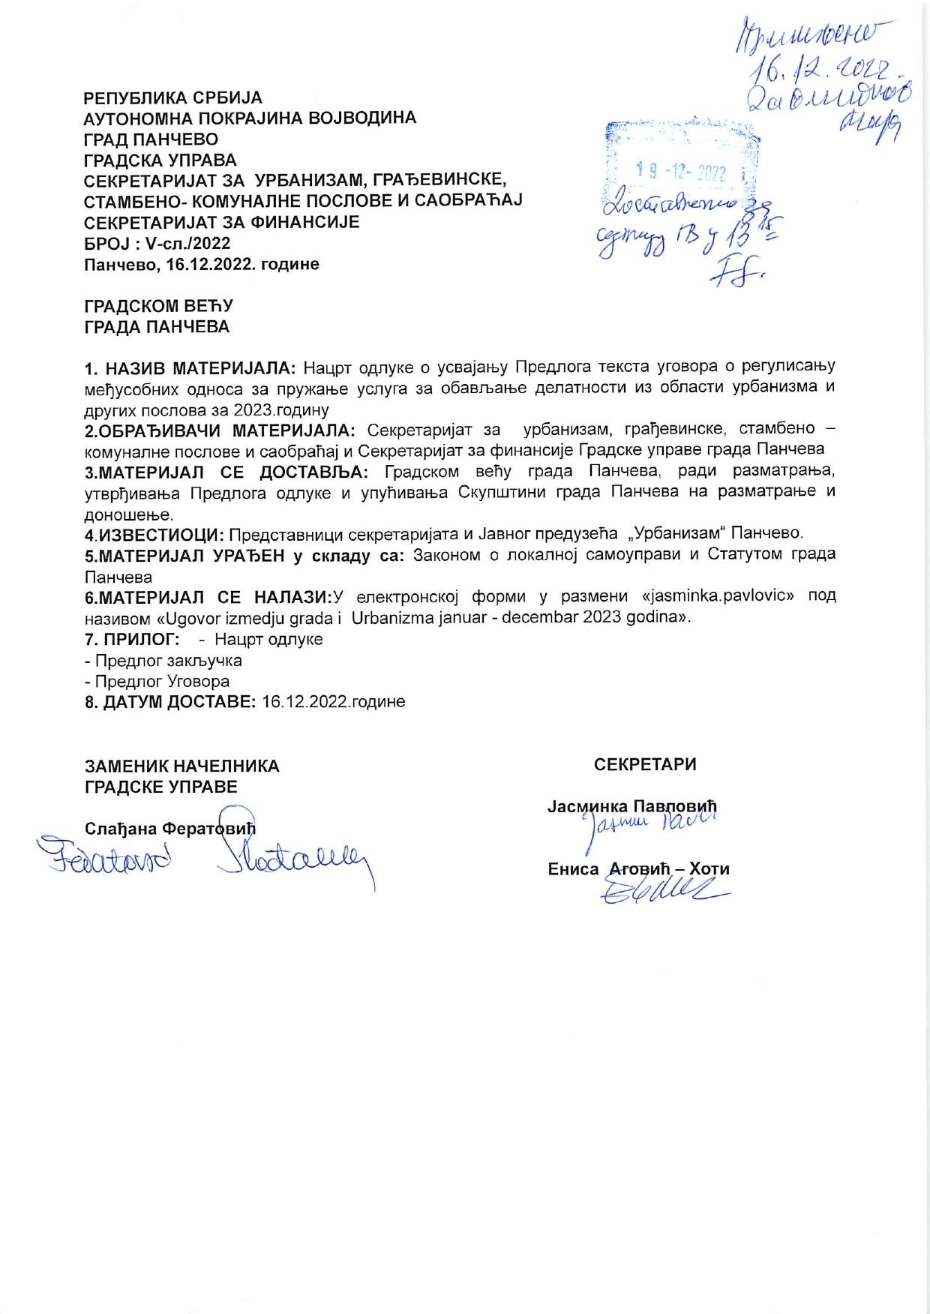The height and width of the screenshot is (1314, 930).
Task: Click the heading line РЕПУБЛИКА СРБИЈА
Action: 172,98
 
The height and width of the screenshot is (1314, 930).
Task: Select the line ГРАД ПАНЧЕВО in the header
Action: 151,139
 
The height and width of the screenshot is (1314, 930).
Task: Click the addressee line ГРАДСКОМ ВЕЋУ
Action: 158,306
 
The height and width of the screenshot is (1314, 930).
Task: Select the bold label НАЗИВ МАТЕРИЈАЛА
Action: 200,367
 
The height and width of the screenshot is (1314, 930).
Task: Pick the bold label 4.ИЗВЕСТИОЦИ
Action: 154,534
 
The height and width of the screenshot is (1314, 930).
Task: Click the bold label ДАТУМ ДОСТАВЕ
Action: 178,702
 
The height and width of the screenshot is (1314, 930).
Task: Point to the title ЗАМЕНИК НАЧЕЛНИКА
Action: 181,766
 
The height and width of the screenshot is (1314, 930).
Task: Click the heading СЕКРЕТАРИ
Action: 645,764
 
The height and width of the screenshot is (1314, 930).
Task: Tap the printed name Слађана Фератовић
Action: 170,828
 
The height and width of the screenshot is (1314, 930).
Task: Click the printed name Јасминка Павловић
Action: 632,806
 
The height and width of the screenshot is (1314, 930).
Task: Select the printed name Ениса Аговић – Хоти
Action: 638,869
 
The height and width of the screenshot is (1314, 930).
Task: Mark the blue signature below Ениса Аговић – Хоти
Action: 660,890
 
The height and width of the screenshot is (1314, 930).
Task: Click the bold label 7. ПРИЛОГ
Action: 131,640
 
